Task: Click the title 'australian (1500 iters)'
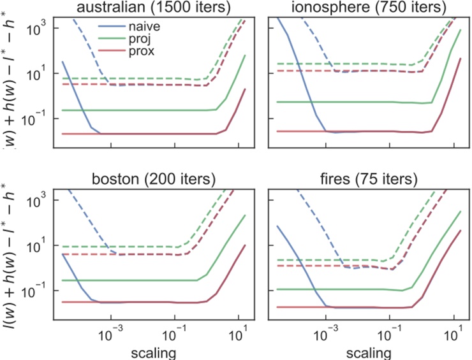pos(154,8)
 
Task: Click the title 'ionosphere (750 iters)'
pos(368,8)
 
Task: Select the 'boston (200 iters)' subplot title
pos(154,178)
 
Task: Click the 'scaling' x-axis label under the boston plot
pos(154,351)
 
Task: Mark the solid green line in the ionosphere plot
pos(344,102)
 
